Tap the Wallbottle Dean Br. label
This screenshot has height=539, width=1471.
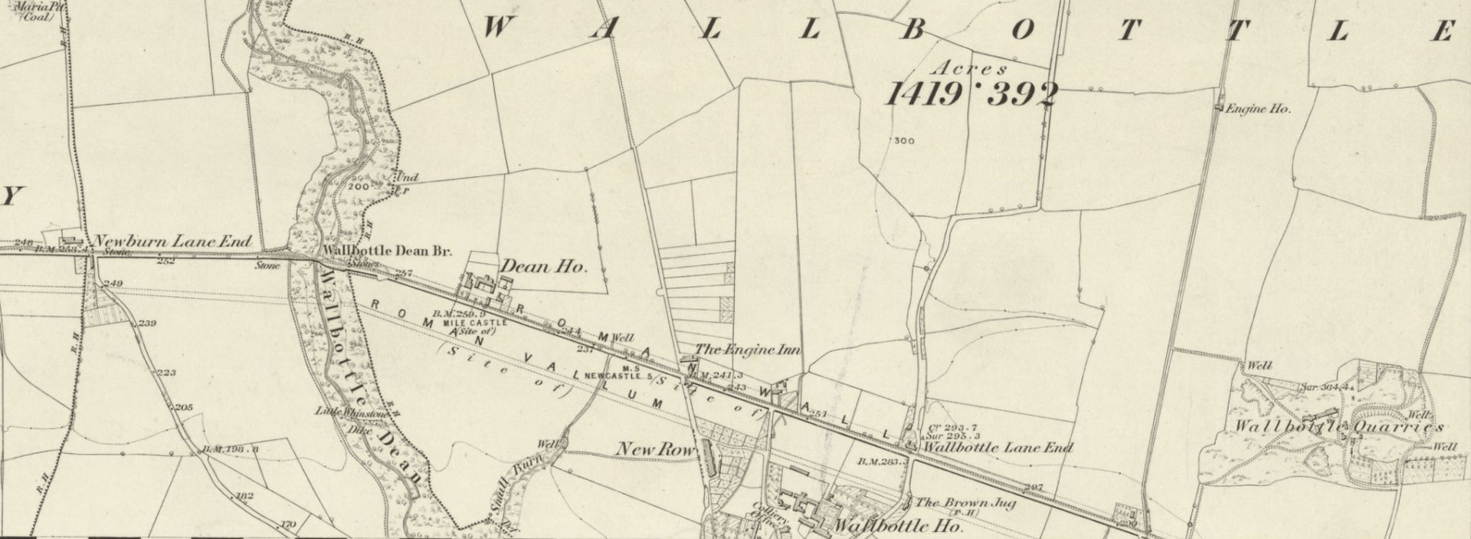click(388, 251)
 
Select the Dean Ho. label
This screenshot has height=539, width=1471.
click(543, 268)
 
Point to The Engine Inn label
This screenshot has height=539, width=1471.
click(747, 350)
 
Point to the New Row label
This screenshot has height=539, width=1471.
click(655, 449)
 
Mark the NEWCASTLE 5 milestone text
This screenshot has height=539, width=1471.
click(618, 376)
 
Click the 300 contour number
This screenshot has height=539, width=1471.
click(904, 141)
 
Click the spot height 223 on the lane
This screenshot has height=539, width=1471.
click(166, 373)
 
